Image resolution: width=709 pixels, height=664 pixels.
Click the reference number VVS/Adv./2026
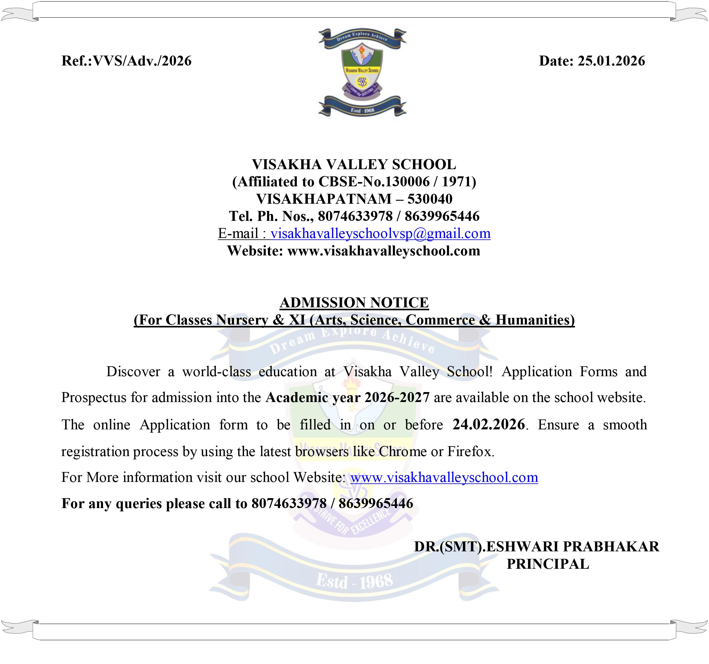pyautogui.click(x=142, y=61)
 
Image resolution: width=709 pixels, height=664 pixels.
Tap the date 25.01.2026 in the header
pyautogui.click(x=611, y=61)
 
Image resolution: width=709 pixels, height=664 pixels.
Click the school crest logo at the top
pyautogui.click(x=362, y=73)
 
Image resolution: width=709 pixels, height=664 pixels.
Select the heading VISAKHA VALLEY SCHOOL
pyautogui.click(x=354, y=164)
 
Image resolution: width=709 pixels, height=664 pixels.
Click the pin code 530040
pyautogui.click(x=430, y=199)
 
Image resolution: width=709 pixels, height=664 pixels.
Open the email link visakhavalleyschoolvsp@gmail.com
pyautogui.click(x=380, y=233)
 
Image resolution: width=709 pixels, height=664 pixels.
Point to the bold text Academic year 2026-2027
pyautogui.click(x=347, y=397)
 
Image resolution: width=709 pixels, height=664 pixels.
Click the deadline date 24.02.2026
pyautogui.click(x=488, y=424)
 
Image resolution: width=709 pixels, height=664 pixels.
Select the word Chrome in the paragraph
pyautogui.click(x=403, y=452)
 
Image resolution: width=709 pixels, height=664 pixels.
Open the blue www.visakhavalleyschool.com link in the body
pyautogui.click(x=444, y=477)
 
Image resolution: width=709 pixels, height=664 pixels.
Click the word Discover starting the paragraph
pyautogui.click(x=133, y=372)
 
